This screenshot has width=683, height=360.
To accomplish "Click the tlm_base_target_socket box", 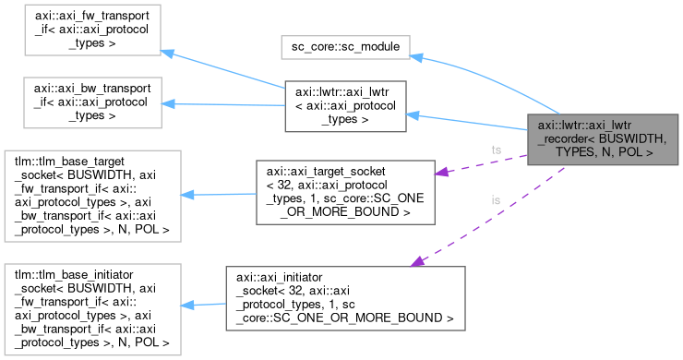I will [91, 198].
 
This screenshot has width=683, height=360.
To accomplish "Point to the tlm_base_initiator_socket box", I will [91, 305].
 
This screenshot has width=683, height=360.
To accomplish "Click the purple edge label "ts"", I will [497, 149].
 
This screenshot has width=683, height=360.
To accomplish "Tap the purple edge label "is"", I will [497, 199].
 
